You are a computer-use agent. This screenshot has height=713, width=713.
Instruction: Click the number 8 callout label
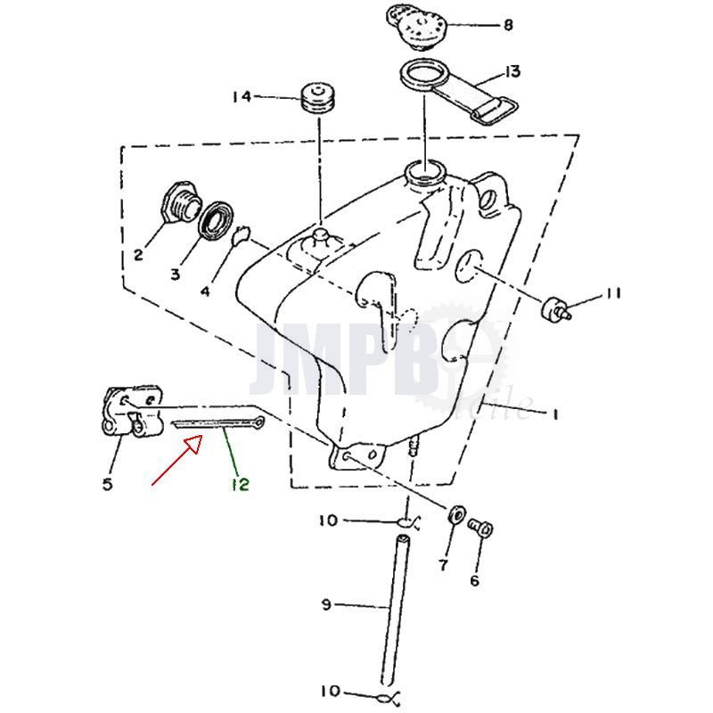508,25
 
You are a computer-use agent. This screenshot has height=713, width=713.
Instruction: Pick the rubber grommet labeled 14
318,97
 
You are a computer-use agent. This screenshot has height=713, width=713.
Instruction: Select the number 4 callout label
205,291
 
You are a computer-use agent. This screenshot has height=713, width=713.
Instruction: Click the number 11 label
612,292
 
